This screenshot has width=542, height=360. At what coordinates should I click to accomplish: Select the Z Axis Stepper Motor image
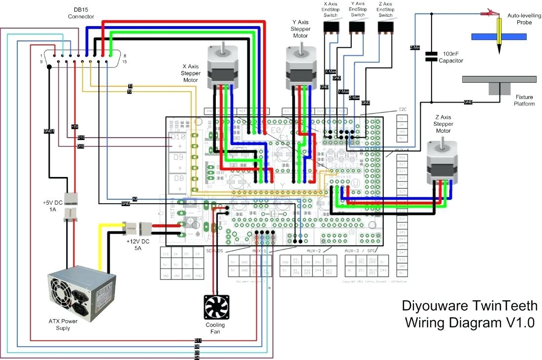(441, 160)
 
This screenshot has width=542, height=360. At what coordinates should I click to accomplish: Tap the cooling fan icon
(216, 307)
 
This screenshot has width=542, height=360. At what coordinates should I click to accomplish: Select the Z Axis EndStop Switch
(386, 28)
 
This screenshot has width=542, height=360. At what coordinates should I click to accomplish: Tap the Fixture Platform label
(524, 101)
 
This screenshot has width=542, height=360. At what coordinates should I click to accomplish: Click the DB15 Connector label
(81, 13)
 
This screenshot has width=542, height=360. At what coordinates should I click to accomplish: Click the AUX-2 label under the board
(313, 251)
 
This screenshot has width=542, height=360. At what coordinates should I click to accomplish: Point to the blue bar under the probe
(498, 36)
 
